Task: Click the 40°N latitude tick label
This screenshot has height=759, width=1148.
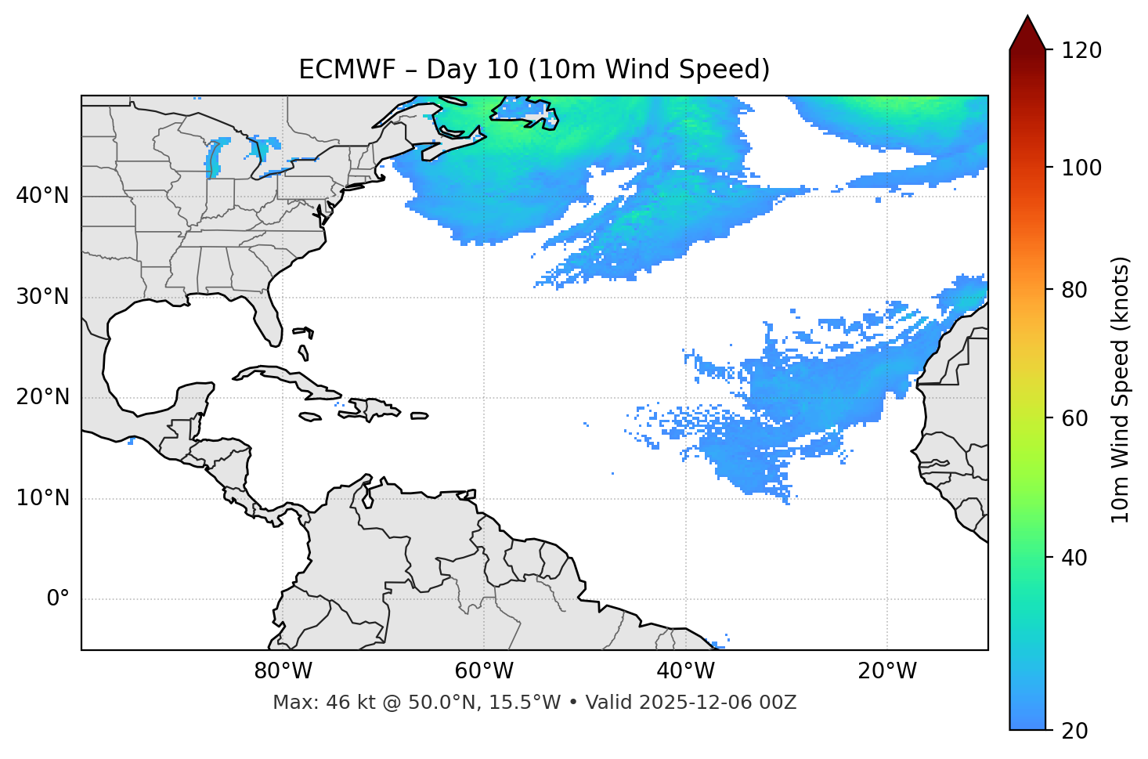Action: [x=42, y=196]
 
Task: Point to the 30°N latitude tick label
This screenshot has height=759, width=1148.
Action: [x=42, y=297]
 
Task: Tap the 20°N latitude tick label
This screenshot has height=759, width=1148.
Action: [x=42, y=397]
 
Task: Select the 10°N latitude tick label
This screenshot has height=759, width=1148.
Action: [x=42, y=498]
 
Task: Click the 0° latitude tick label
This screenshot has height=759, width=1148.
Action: [x=58, y=599]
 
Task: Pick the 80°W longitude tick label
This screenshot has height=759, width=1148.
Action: [x=283, y=671]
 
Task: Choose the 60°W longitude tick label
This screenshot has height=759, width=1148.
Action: [x=484, y=671]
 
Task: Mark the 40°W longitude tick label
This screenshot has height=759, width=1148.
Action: [x=686, y=671]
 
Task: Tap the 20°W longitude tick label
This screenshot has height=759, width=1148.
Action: [x=887, y=671]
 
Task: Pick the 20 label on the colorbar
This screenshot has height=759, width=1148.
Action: [x=1074, y=731]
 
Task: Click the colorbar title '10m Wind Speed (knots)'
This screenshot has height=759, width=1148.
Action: [x=1121, y=389]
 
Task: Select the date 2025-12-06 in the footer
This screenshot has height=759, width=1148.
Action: [x=703, y=703]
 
